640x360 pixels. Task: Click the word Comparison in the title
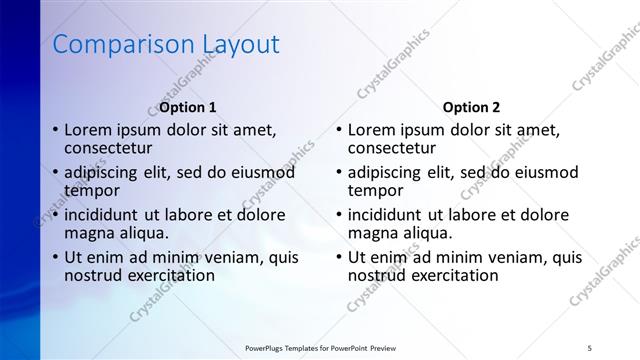[108, 45]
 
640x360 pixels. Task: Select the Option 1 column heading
[188, 107]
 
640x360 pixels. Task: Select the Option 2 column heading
[472, 107]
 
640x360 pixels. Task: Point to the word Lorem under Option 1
[87, 130]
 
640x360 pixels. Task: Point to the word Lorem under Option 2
[371, 130]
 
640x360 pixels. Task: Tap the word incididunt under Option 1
[103, 215]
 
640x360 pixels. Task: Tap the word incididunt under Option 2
[387, 215]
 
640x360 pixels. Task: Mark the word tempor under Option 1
[92, 190]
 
